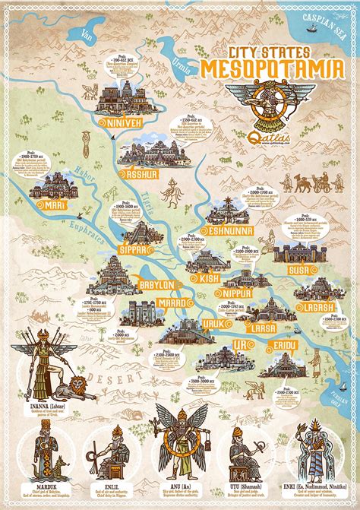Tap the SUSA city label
click(297, 269)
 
